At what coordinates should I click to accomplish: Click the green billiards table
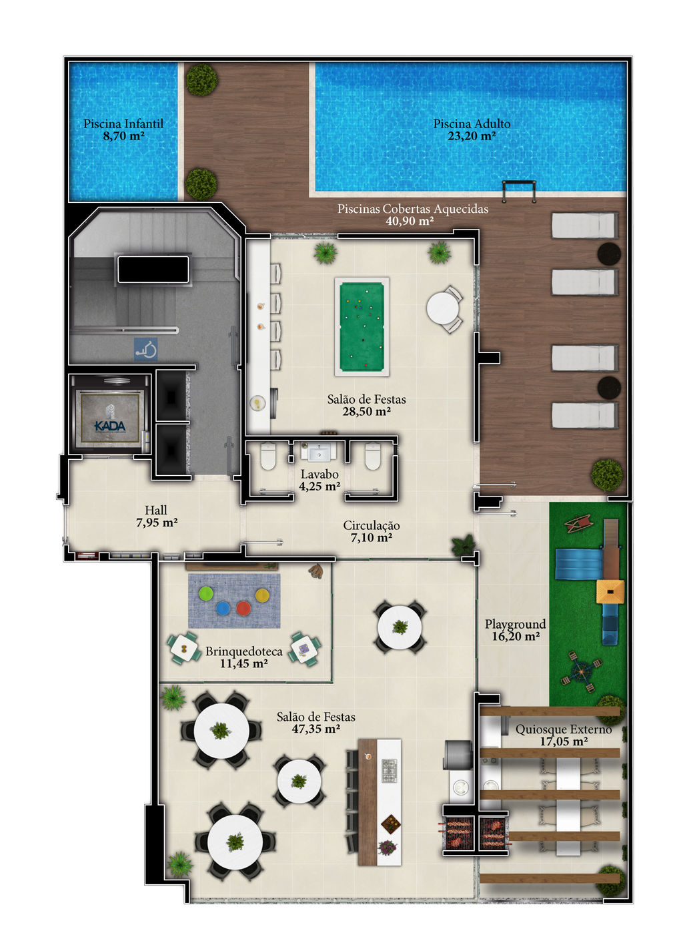(362, 326)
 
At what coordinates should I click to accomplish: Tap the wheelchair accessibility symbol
(146, 349)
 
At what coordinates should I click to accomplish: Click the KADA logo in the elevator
(110, 418)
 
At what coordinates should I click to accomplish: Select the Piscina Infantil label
(123, 123)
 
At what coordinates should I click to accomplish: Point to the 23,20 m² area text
(472, 136)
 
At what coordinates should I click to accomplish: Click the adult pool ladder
(519, 192)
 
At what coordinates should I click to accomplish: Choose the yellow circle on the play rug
(262, 595)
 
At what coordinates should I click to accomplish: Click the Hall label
(156, 510)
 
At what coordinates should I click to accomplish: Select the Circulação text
(371, 525)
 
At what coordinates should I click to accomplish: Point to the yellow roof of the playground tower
(610, 591)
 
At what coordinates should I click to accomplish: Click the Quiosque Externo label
(564, 729)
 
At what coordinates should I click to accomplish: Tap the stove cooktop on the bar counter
(390, 771)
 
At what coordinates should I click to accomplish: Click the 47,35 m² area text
(315, 729)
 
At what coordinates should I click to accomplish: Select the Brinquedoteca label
(244, 651)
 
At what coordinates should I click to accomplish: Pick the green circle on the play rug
(206, 593)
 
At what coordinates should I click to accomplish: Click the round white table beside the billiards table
(442, 308)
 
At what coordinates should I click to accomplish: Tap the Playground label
(515, 624)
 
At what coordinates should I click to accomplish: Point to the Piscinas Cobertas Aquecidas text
(412, 209)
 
